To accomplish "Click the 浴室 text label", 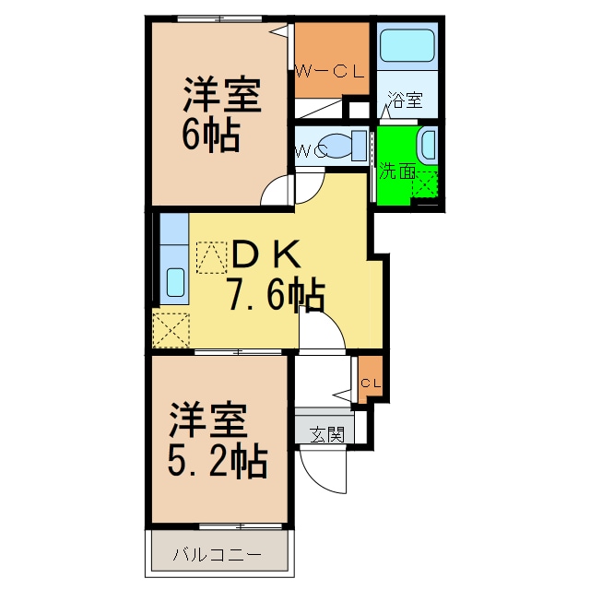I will [x=405, y=100].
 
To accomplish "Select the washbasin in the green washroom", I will [x=428, y=145].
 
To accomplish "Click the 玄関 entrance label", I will [x=325, y=433].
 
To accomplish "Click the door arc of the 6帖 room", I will [x=277, y=191].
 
